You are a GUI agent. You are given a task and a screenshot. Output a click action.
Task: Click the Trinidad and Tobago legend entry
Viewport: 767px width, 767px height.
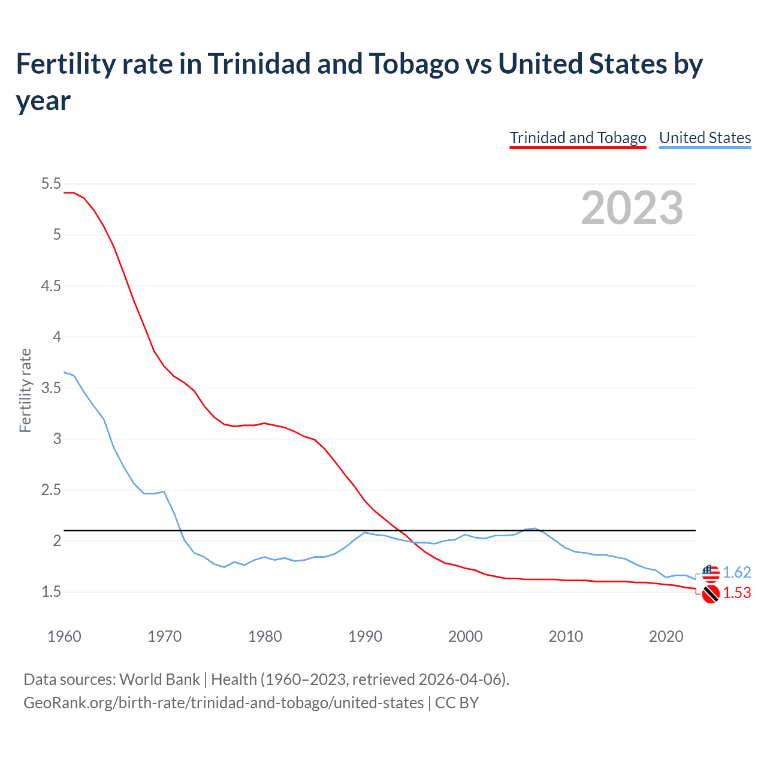pyautogui.click(x=578, y=138)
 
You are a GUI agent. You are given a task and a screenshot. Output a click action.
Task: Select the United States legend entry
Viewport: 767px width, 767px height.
pyautogui.click(x=705, y=138)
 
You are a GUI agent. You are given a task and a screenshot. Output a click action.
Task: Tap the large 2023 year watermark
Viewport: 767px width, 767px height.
pyautogui.click(x=632, y=208)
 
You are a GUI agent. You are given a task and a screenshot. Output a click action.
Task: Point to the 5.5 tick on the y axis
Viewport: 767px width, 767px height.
pyautogui.click(x=51, y=184)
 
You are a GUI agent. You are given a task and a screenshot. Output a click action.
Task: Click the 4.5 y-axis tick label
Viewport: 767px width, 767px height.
pyautogui.click(x=51, y=286)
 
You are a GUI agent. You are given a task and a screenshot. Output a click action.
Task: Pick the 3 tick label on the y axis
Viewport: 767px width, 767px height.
pyautogui.click(x=57, y=439)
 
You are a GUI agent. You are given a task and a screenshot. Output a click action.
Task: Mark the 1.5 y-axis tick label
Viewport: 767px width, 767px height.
pyautogui.click(x=51, y=592)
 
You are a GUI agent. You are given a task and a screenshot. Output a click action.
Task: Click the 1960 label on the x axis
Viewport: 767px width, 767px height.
pyautogui.click(x=64, y=636)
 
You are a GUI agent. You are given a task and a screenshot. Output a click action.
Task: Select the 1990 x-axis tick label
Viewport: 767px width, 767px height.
pyautogui.click(x=365, y=636)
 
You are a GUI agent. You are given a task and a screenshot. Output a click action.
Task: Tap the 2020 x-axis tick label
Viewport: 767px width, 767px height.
pyautogui.click(x=666, y=636)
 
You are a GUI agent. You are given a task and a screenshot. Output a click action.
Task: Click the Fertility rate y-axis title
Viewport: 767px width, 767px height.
pyautogui.click(x=25, y=390)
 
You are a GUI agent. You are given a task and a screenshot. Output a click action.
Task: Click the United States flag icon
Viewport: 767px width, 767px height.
pyautogui.click(x=711, y=573)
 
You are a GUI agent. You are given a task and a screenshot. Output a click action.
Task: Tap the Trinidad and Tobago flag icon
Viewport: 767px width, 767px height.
pyautogui.click(x=711, y=594)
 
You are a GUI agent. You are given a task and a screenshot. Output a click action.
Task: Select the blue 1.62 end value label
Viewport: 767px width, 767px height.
pyautogui.click(x=736, y=572)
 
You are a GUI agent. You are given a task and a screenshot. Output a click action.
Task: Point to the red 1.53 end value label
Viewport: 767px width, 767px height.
pyautogui.click(x=736, y=593)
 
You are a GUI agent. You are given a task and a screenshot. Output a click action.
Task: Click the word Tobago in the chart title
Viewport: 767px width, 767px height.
pyautogui.click(x=413, y=64)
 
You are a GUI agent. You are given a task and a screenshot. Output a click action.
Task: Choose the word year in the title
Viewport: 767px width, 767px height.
pyautogui.click(x=43, y=101)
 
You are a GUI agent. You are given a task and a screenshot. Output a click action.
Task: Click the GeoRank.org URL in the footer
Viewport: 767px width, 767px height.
pyautogui.click(x=224, y=702)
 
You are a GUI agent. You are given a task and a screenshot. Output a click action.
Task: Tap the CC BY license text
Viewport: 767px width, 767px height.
pyautogui.click(x=457, y=702)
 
